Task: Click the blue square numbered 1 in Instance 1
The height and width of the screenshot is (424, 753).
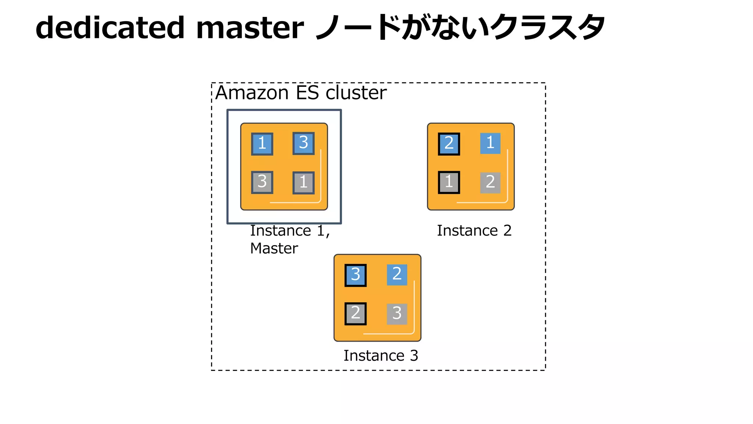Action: [x=262, y=144]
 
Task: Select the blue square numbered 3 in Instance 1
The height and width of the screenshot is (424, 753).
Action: [x=303, y=143]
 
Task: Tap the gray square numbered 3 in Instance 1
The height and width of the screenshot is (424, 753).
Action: [x=262, y=182]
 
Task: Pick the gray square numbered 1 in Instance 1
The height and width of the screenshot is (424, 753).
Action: [x=303, y=183]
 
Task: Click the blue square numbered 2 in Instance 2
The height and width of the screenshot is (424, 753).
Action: [x=449, y=144]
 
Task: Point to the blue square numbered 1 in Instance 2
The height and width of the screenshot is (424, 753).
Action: [x=490, y=143]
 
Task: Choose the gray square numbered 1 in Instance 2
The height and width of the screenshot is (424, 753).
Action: [x=449, y=182]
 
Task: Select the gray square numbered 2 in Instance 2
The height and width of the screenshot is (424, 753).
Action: [x=490, y=183]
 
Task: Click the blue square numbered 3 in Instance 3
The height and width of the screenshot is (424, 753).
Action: [x=355, y=275]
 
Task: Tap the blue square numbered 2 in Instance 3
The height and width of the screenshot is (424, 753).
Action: [x=397, y=275]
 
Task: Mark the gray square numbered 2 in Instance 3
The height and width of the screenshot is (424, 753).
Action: [x=355, y=314]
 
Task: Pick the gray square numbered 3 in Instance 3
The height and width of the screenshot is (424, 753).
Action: [x=397, y=314]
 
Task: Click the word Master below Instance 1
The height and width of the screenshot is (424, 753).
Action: [x=274, y=248]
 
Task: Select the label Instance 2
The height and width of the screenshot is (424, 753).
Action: [x=474, y=231]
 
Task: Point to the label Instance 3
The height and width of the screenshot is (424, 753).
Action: [x=381, y=356]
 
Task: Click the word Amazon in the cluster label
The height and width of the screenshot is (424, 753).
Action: [x=252, y=93]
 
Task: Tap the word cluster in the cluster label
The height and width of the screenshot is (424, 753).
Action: [x=356, y=93]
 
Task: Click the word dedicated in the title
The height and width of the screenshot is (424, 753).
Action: [x=110, y=28]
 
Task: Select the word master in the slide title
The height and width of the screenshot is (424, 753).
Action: [x=250, y=28]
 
